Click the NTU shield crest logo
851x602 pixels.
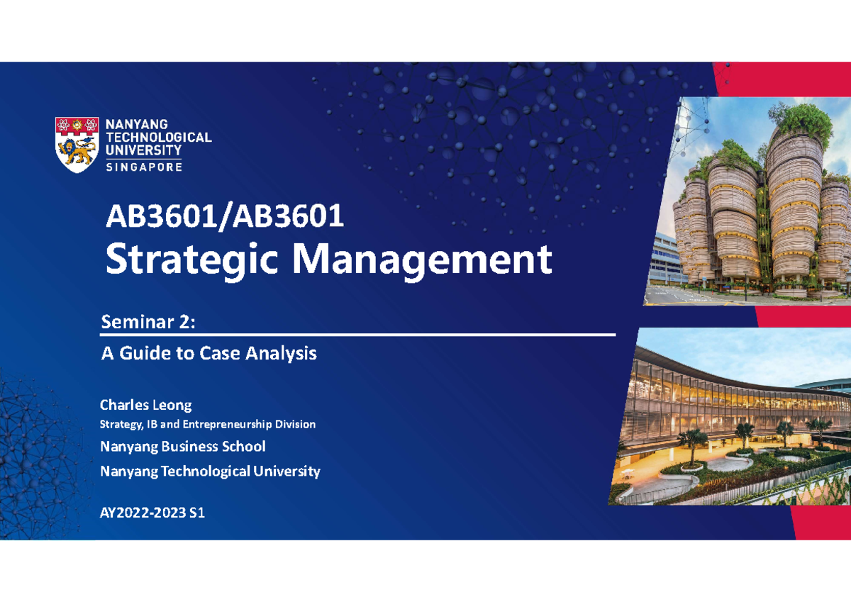coord(77,145)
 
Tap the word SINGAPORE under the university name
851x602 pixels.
coord(144,167)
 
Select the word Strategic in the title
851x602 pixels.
coord(192,260)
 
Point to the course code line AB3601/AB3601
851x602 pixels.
coord(225,217)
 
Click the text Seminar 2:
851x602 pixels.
coord(147,323)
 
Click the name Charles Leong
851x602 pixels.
coord(145,406)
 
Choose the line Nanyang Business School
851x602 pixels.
coord(183,447)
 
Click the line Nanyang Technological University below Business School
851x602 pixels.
coord(210,471)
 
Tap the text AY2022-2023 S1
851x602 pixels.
coord(152,513)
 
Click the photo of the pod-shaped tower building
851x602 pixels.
coord(752,202)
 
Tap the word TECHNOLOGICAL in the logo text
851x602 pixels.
coord(158,138)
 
